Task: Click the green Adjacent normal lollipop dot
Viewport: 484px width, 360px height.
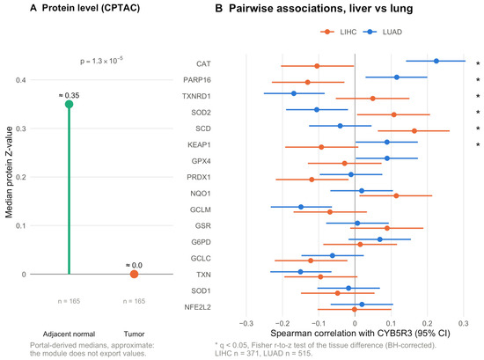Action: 69,105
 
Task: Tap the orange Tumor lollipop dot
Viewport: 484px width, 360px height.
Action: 134,274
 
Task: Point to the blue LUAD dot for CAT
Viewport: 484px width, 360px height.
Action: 436,61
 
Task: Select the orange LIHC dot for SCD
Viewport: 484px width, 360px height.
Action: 414,131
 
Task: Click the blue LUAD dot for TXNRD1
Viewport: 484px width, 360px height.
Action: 294,93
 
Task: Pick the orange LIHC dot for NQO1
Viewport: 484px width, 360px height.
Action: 396,195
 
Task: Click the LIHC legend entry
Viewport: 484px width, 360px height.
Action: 339,32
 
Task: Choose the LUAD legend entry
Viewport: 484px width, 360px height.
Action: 383,32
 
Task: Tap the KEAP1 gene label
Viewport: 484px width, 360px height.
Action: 199,145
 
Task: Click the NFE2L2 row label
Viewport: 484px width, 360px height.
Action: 197,307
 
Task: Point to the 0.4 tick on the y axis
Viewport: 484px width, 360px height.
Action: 21,80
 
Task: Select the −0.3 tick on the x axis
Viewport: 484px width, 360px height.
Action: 246,324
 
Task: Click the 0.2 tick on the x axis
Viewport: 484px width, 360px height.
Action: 427,324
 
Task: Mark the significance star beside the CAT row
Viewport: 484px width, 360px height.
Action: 478,63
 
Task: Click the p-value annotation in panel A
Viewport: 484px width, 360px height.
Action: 101,61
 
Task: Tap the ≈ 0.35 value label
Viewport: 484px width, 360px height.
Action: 69,95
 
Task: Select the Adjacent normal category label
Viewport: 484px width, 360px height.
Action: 69,334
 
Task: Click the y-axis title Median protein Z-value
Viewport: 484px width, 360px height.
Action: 9,172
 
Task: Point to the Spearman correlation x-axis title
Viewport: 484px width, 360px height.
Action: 360,333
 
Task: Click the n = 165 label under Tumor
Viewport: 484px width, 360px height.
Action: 134,301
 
